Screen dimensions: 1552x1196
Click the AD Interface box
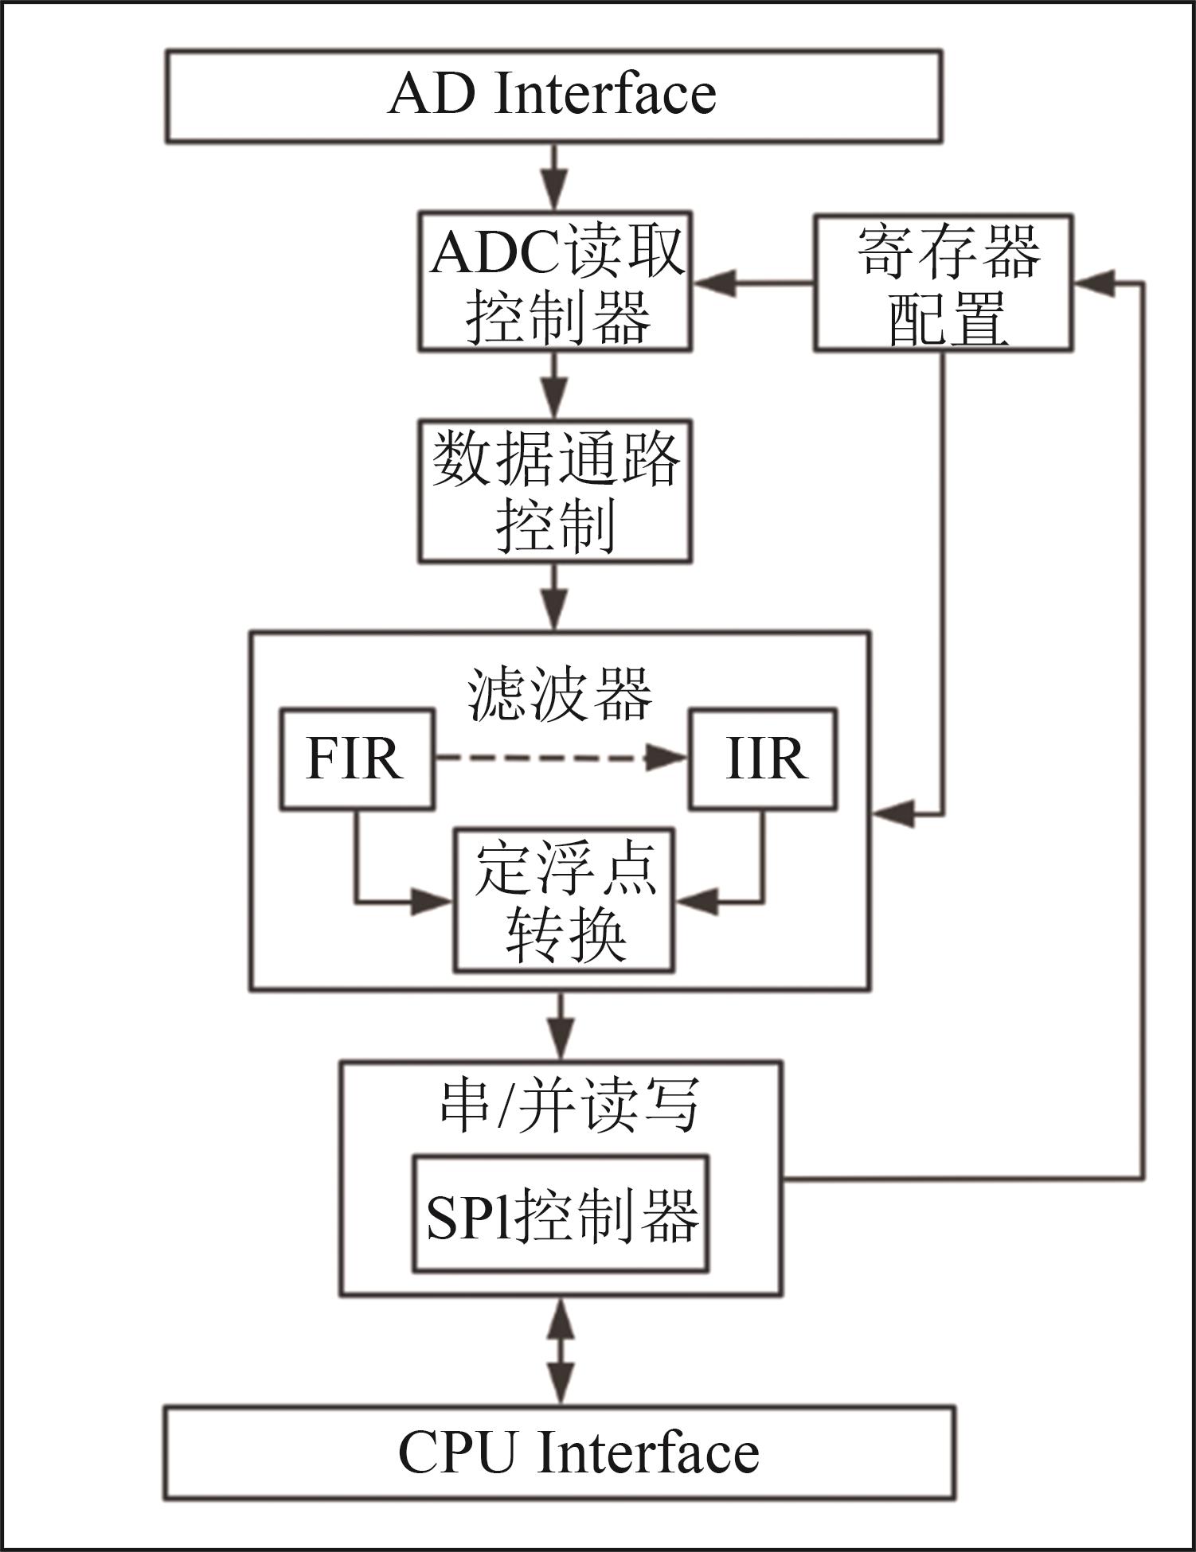point(553,96)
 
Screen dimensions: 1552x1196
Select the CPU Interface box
point(559,1453)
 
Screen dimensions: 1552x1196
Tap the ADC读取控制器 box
point(555,281)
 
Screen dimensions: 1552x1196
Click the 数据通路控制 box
point(555,491)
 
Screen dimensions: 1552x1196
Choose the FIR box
point(356,758)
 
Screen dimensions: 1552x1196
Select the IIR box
point(763,758)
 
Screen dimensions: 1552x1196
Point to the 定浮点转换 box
point(564,900)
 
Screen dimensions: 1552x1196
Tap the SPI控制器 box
point(561,1214)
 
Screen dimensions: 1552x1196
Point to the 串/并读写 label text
point(569,1105)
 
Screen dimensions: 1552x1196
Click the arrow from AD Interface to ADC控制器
point(555,177)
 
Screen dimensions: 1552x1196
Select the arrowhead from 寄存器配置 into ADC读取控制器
point(713,282)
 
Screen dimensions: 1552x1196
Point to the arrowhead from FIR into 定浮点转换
point(434,902)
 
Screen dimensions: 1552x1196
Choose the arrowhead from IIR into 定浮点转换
point(695,902)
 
